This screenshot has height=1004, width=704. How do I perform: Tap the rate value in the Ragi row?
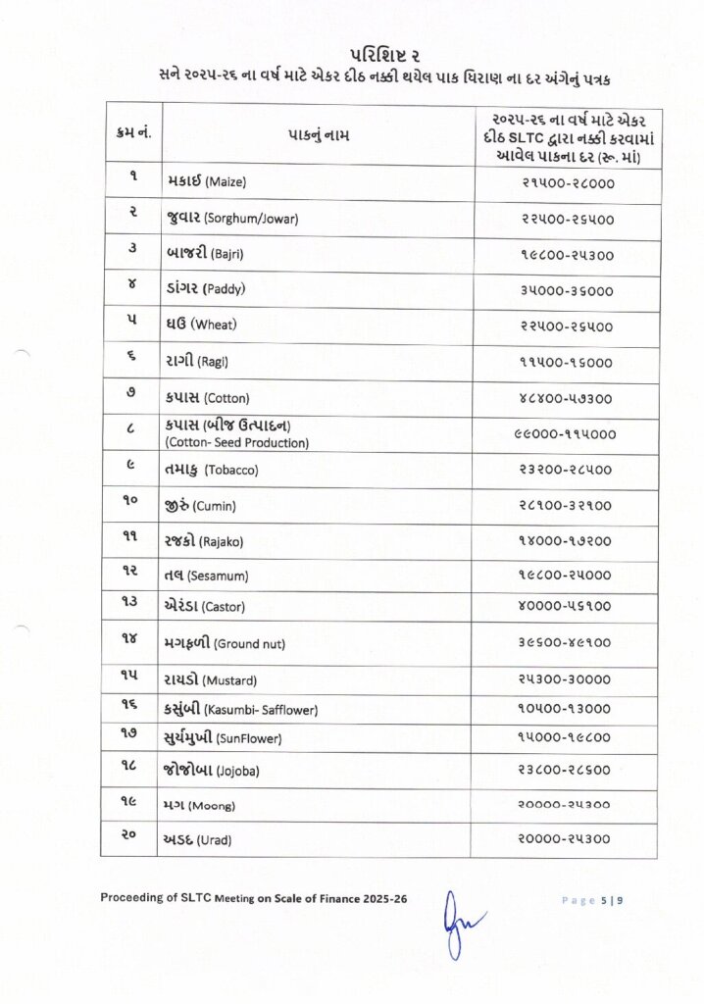[566, 362]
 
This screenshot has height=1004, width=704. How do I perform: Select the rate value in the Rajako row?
[566, 540]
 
